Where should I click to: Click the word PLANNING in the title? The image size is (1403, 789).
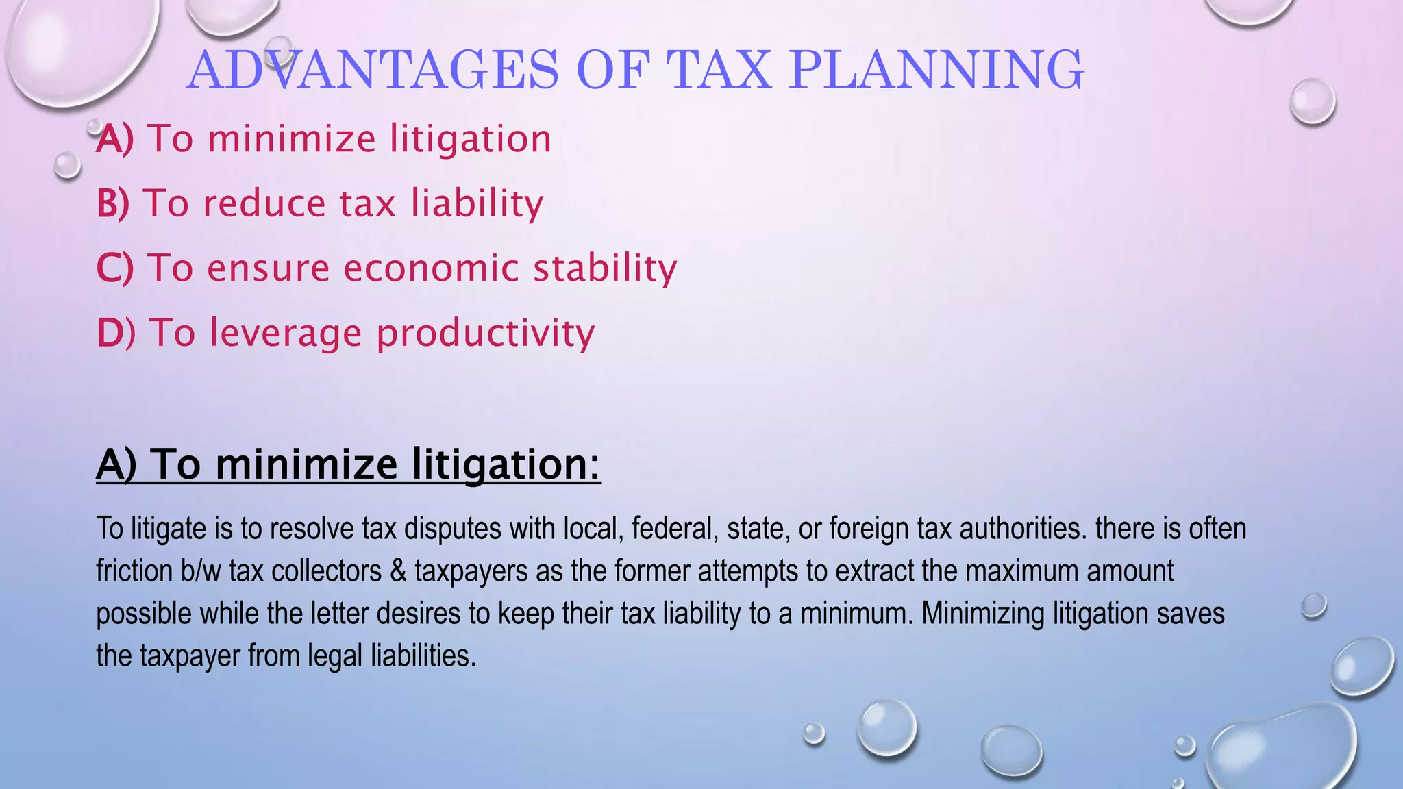936,70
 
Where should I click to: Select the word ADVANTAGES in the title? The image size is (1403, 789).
372,70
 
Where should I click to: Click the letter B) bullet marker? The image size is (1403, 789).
113,203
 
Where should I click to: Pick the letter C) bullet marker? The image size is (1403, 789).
115,268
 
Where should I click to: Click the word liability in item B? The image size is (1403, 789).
477,203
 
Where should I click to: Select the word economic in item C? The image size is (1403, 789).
431,268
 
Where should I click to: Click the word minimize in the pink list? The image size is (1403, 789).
291,139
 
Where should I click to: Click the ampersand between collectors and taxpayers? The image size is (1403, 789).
398,571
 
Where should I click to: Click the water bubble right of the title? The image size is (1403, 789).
1312,101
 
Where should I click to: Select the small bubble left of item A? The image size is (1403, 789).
67,166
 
